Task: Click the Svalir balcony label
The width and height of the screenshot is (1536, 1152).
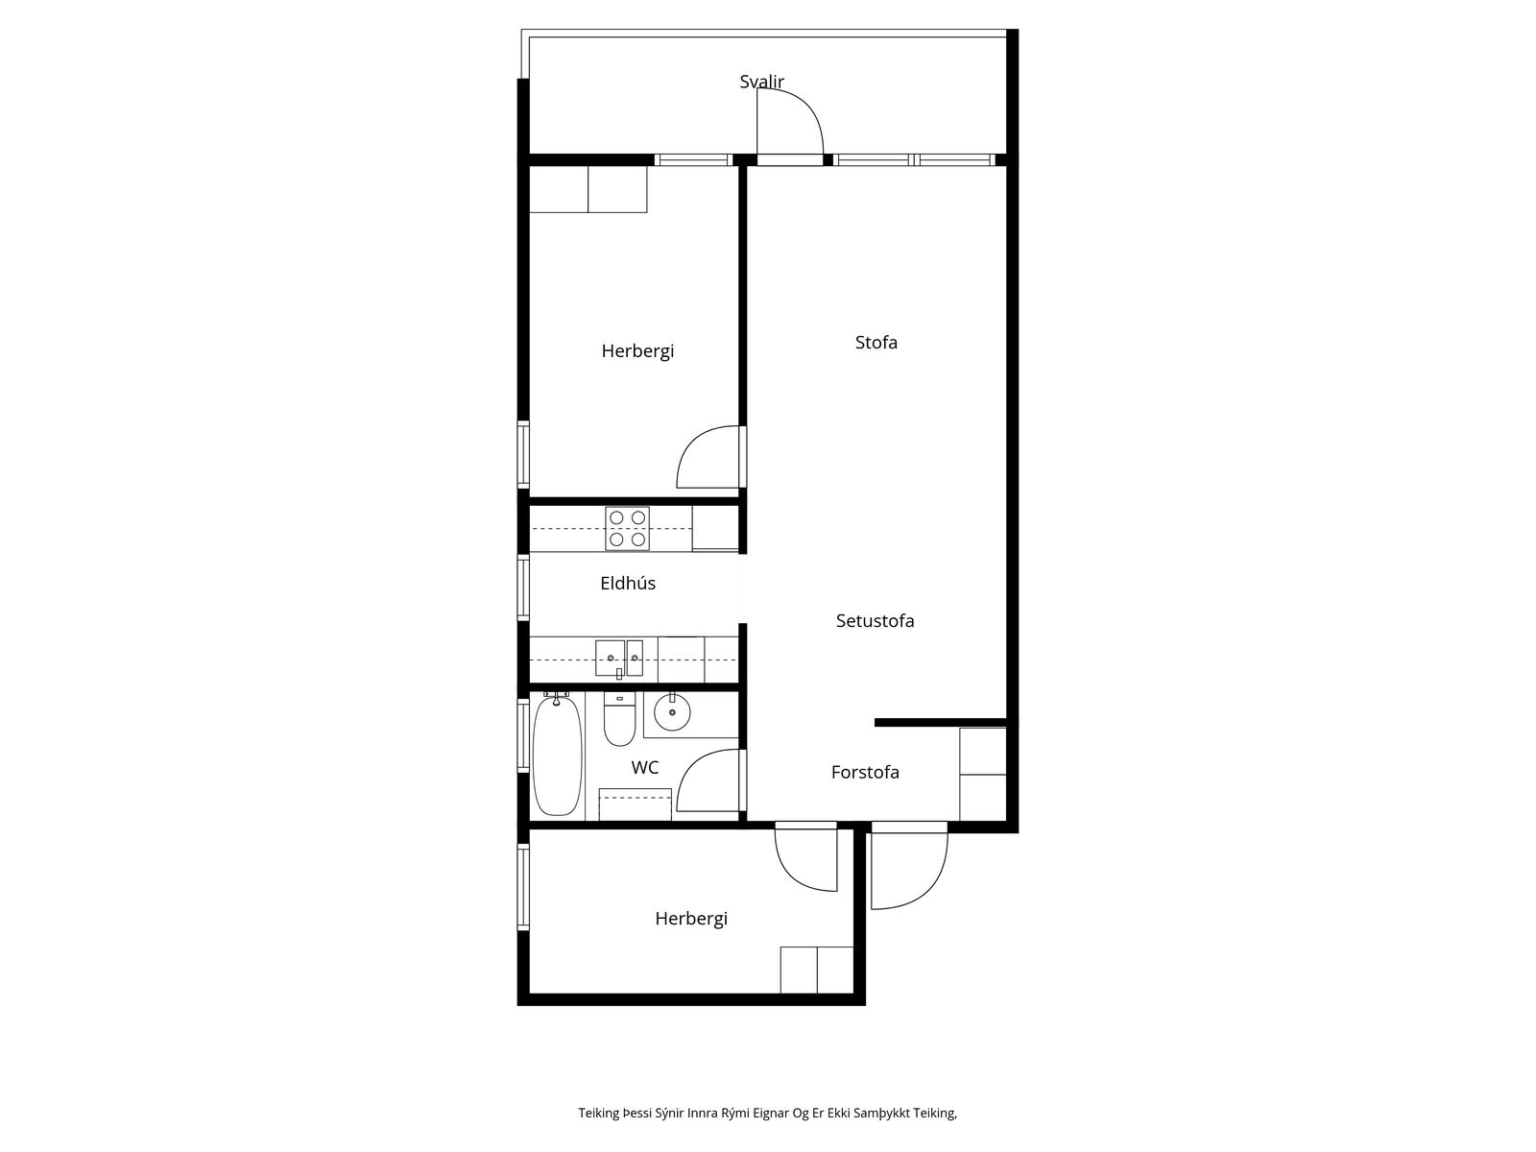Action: point(761,82)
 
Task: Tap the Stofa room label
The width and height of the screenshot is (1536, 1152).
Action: point(876,342)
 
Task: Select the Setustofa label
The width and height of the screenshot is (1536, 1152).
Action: point(875,620)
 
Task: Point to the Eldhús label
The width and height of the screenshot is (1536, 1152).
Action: point(628,583)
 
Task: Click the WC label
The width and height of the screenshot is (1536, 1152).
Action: point(644,767)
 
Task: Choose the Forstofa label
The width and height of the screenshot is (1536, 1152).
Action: point(865,772)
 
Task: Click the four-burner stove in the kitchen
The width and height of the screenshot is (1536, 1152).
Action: point(627,528)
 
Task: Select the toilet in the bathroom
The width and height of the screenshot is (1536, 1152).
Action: point(618,719)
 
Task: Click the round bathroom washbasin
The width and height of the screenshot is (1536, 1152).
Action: point(672,712)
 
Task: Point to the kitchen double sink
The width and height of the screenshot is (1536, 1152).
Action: point(618,659)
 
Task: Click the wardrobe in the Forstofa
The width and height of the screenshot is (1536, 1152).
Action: point(982,774)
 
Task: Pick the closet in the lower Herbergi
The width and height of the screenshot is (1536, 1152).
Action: point(817,971)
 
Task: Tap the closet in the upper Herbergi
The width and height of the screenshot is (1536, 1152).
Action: point(588,189)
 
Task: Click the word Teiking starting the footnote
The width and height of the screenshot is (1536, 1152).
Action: point(598,1113)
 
